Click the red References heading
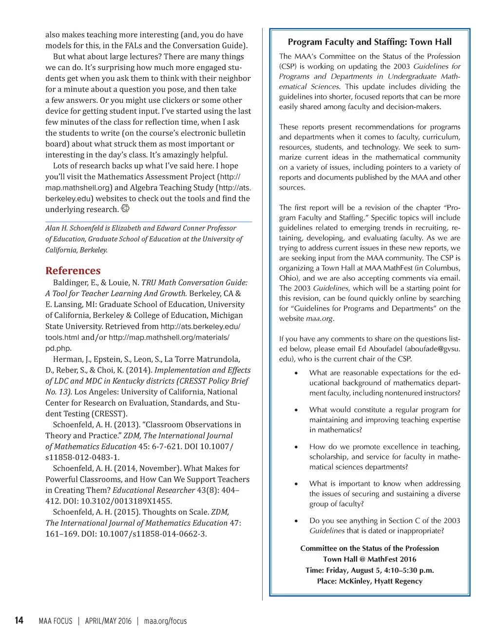pos(73,271)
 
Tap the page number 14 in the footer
pos(19,620)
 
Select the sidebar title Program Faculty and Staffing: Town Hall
pos(369,42)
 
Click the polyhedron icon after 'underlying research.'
pos(125,209)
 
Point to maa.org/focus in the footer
pos(165,621)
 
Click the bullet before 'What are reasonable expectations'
pos(296,373)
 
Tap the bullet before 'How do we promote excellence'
pos(296,447)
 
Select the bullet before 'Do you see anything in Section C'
pos(296,521)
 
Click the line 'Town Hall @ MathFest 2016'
pos(369,559)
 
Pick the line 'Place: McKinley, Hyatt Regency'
pos(369,581)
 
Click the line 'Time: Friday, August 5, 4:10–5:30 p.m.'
pos(369,570)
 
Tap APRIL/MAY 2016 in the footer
pos(108,621)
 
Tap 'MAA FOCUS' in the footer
pos(56,621)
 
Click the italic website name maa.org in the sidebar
pos(319,319)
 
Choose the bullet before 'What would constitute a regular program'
pos(296,410)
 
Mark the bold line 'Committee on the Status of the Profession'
pos(369,548)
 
